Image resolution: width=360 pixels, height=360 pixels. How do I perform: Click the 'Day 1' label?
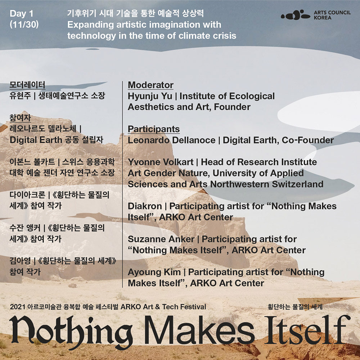pos(21,14)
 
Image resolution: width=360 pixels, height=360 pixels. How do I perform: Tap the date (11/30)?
pos(24,24)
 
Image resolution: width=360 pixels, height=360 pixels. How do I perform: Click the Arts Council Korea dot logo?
pos(296,15)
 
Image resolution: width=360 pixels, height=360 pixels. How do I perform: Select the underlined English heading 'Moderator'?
pos(150,85)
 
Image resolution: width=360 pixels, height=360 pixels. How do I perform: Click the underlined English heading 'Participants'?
pos(154,129)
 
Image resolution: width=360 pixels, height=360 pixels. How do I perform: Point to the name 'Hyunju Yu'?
pos(150,96)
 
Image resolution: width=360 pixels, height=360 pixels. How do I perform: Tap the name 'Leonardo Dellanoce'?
pos(171,140)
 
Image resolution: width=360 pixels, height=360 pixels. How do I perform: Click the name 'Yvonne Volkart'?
pos(161,162)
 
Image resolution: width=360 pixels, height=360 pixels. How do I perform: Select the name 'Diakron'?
pos(145,206)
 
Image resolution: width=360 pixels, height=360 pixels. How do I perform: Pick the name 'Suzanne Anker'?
pos(161,239)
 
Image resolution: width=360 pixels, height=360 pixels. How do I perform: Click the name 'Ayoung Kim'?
pos(154,273)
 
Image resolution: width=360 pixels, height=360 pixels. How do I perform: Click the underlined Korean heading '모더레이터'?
pos(27,85)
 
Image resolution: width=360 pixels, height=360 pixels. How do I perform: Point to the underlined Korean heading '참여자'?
pos(20,118)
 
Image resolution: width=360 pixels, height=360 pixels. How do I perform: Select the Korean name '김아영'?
pos(20,261)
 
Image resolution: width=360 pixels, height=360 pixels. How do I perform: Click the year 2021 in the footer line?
pos(17,307)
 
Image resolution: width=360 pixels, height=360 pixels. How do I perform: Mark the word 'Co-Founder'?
pos(308,140)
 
